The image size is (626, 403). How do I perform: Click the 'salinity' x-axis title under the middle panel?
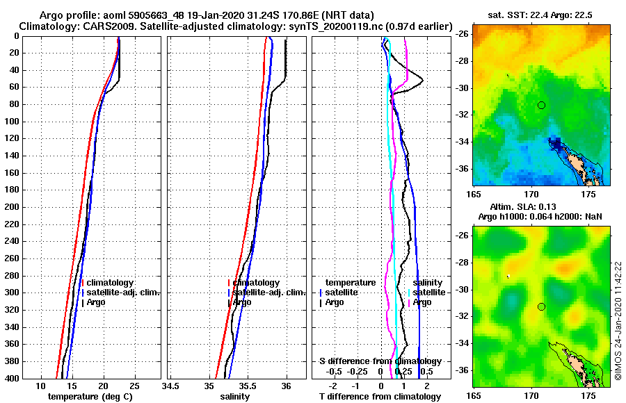(x=236, y=397)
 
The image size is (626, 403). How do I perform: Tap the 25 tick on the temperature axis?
(x=135, y=386)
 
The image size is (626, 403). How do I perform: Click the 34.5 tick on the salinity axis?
(x=170, y=386)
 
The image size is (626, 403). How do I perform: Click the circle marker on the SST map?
(x=541, y=105)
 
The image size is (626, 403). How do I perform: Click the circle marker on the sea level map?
(x=541, y=306)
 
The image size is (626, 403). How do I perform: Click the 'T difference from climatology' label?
(x=380, y=397)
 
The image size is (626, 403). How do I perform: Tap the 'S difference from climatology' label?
(x=380, y=361)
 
